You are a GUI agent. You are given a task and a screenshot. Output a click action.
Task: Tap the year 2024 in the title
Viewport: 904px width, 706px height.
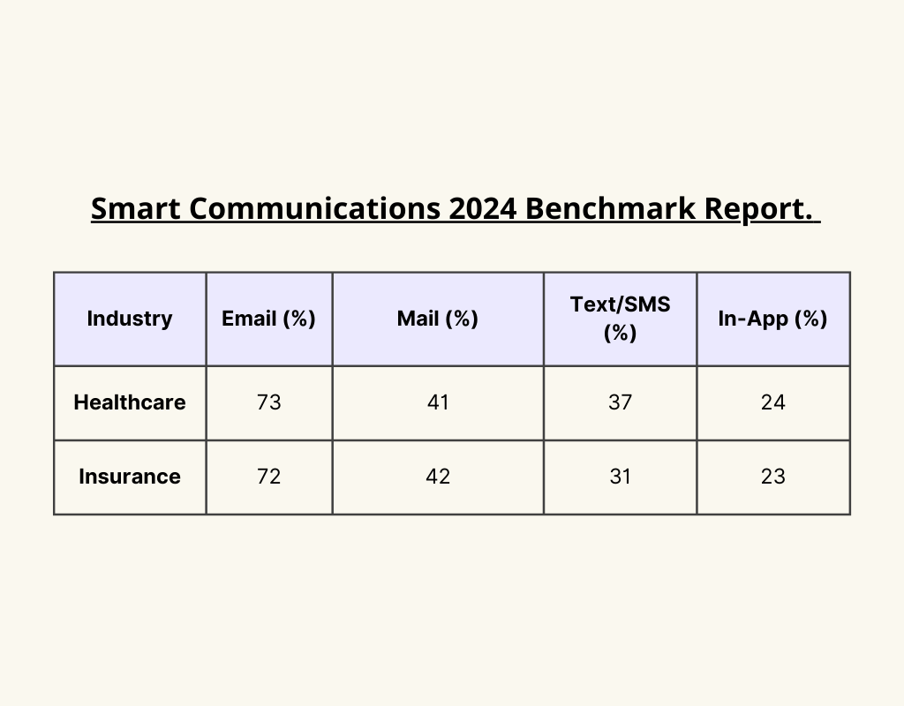(483, 209)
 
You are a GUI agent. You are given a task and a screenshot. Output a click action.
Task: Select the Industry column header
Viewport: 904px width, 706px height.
(130, 319)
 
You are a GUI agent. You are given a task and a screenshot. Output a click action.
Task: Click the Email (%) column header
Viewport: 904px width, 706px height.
(268, 319)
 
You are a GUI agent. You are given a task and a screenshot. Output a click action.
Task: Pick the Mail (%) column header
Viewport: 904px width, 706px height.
(437, 319)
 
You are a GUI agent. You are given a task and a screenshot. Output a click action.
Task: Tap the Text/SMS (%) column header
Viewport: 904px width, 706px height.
(620, 319)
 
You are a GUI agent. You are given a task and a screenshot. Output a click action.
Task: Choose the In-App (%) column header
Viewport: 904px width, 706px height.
(772, 319)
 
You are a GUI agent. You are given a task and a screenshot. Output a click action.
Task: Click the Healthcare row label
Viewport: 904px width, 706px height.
(130, 402)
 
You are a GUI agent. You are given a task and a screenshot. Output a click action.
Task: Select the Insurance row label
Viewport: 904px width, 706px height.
(130, 477)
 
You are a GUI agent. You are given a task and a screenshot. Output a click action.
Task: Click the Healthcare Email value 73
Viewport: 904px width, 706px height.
(268, 402)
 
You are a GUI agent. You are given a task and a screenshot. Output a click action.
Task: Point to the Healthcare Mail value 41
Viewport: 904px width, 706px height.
(437, 402)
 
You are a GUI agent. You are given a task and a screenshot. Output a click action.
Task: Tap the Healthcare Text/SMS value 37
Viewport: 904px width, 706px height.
(620, 402)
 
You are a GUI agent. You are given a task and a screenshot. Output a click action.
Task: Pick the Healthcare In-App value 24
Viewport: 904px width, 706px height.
(772, 402)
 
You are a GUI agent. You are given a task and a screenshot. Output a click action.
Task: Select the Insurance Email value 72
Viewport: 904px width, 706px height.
(268, 477)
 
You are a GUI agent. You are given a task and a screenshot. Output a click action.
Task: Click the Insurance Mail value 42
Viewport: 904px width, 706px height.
(437, 477)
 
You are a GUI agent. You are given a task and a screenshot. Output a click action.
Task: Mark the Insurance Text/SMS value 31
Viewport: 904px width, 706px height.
(620, 477)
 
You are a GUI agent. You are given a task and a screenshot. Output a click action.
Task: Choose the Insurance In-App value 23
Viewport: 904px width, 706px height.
(772, 477)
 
